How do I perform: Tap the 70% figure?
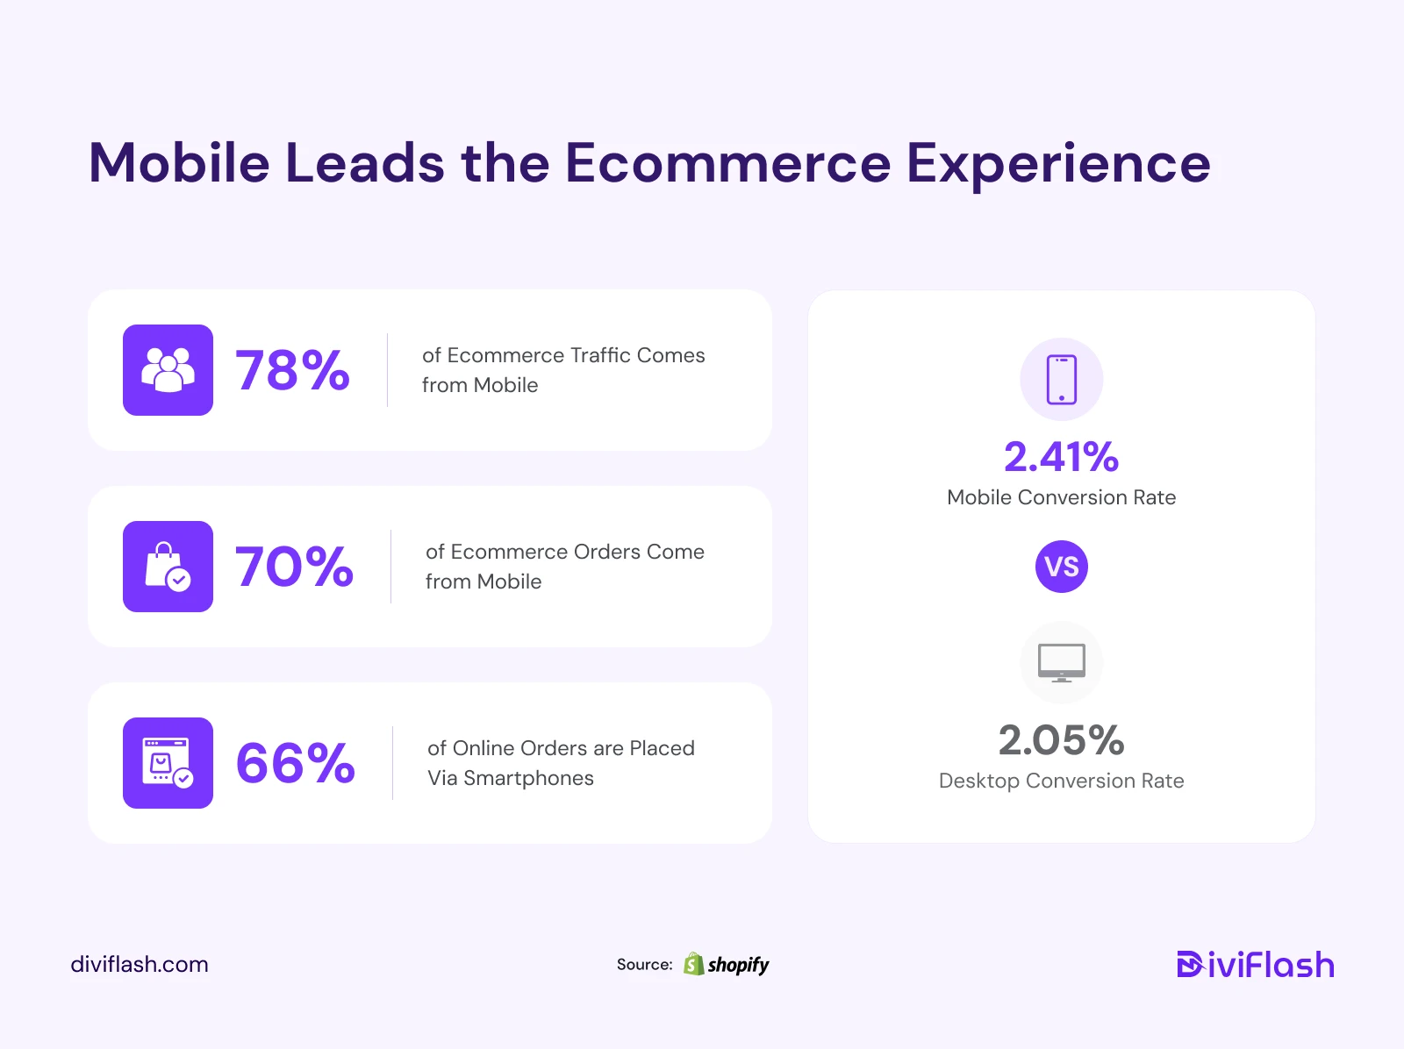[x=294, y=566]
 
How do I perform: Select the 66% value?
[x=295, y=762]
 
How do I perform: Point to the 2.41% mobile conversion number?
[x=1061, y=456]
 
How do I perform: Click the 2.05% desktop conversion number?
[x=1061, y=739]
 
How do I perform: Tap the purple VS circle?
[x=1061, y=567]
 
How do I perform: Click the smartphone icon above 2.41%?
[x=1061, y=379]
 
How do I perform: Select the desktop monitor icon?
[x=1061, y=662]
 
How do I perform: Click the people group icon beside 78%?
[x=168, y=369]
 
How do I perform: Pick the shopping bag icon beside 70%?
[x=168, y=567]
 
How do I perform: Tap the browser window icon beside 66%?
[x=168, y=762]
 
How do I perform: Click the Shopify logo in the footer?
[x=726, y=964]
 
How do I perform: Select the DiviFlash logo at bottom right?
[x=1256, y=964]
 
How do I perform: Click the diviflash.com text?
[x=140, y=964]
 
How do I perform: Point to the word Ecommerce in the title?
[x=727, y=163]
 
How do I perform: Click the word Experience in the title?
[x=1058, y=165]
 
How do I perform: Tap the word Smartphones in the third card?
[x=528, y=778]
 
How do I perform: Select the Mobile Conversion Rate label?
[x=1061, y=497]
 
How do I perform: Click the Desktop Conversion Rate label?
[x=1061, y=781]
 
